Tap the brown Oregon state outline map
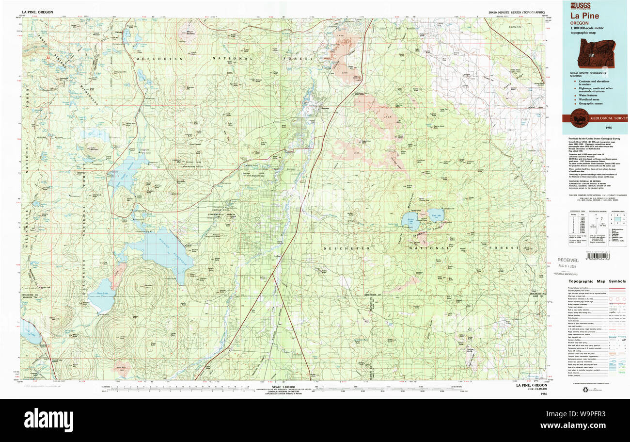(594, 50)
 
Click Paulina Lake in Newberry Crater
(410, 220)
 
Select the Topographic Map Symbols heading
(597, 281)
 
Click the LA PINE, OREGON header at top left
(37, 12)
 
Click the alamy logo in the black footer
(48, 420)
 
